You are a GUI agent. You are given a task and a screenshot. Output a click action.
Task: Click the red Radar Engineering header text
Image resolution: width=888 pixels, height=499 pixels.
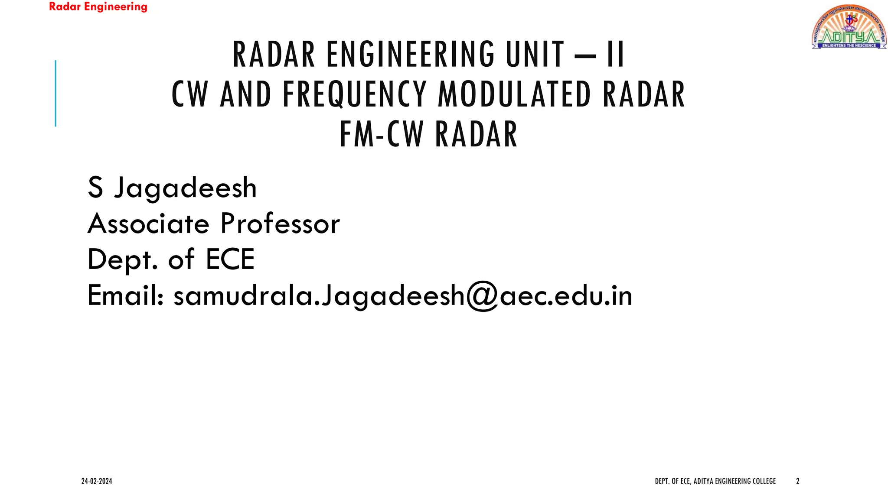tap(98, 7)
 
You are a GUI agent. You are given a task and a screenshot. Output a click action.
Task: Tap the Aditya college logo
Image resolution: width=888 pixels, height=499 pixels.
tap(849, 27)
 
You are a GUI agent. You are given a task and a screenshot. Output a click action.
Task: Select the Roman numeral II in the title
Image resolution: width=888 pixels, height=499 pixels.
tap(615, 55)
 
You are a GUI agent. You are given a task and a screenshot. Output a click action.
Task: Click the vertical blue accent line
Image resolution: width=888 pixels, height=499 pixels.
tap(55, 93)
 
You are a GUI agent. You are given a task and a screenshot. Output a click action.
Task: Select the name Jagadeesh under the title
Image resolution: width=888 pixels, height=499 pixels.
tap(185, 188)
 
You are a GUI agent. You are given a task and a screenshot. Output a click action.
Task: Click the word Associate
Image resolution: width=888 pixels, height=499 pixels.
tap(149, 224)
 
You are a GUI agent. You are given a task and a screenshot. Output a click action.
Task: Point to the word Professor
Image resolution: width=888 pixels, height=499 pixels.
tap(280, 224)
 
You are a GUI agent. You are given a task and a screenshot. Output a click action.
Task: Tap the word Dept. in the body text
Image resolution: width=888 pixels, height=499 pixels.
tap(123, 260)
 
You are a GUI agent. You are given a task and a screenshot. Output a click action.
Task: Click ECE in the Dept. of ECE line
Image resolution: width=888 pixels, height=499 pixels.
tap(230, 259)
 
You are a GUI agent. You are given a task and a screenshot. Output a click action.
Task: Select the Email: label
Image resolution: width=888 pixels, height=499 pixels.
tap(125, 295)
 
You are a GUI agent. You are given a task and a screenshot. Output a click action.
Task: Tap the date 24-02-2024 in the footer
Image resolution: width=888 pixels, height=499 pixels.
tap(97, 481)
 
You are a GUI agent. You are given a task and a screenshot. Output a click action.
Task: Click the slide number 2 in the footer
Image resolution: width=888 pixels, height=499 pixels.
tap(797, 481)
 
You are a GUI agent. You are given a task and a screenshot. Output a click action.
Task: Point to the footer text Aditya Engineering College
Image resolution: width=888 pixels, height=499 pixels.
tap(735, 481)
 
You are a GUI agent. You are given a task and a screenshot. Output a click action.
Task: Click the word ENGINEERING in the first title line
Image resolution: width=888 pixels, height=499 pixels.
tap(410, 55)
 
